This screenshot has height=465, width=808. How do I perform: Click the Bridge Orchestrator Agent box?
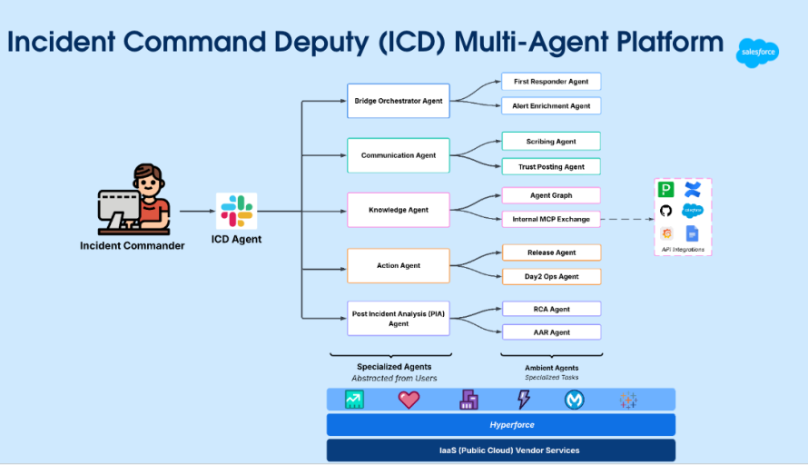399,101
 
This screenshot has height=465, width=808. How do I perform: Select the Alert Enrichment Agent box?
551,106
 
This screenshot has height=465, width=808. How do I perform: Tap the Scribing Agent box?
551,142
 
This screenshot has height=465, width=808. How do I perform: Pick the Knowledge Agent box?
399,210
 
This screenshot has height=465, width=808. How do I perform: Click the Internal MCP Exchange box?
551,219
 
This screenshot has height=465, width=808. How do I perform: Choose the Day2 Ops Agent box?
551,276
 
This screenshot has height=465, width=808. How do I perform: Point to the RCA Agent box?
551,310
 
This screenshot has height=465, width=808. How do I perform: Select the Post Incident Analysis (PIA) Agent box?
399,319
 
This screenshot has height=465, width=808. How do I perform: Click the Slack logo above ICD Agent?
236,211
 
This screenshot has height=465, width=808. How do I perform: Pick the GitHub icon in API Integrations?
665,211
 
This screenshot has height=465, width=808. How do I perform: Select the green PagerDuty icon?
665,189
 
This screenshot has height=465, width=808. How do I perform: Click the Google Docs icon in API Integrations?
693,233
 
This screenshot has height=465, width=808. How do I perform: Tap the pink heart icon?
409,400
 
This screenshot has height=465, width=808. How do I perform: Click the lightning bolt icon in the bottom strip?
523,400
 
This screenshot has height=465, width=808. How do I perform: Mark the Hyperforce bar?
501,425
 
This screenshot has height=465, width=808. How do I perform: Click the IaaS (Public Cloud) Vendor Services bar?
501,450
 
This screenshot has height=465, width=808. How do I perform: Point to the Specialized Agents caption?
394,367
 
